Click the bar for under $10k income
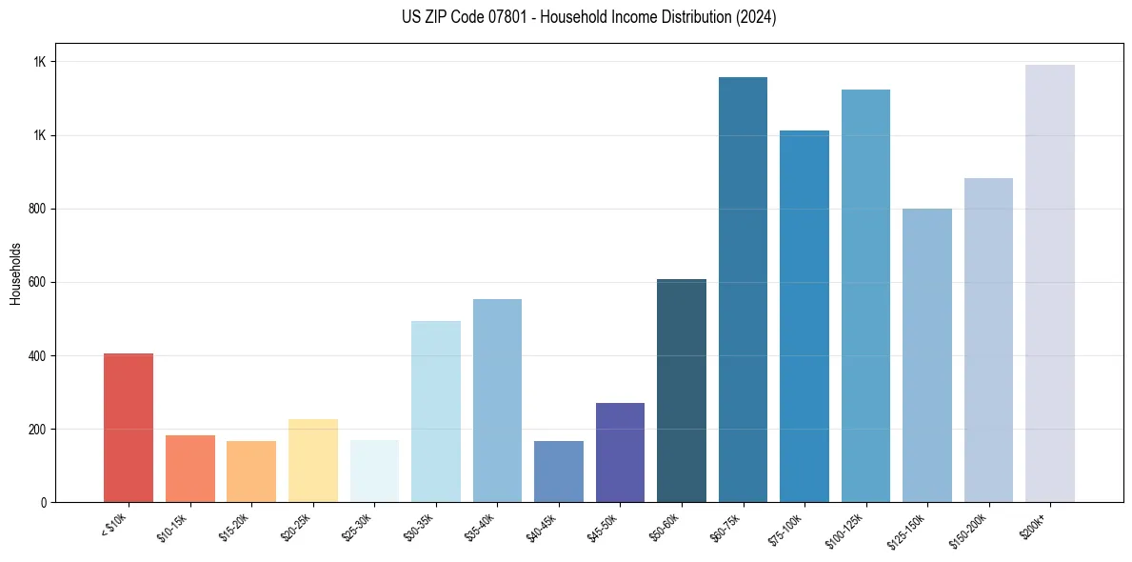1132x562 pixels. click(x=128, y=428)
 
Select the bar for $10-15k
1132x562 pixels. click(x=189, y=469)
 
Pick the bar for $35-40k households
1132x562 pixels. click(x=497, y=400)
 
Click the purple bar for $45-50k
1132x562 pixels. click(x=620, y=452)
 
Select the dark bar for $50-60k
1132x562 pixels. click(x=682, y=391)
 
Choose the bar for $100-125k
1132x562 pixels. click(x=865, y=295)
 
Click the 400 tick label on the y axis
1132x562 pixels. click(x=38, y=356)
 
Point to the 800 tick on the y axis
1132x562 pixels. click(x=38, y=209)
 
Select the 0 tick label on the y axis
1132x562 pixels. click(x=43, y=503)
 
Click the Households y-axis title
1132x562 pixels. click(x=15, y=273)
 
